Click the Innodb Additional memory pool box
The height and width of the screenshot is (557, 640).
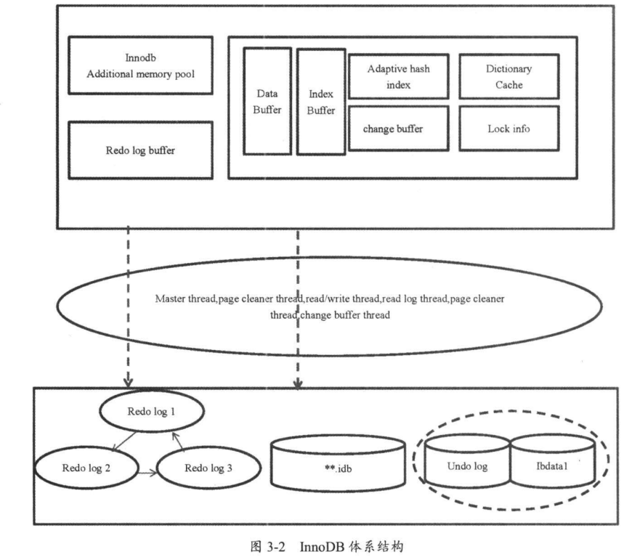pyautogui.click(x=139, y=65)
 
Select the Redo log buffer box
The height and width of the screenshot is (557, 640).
pyautogui.click(x=139, y=151)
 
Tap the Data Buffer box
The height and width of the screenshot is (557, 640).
pyautogui.click(x=267, y=102)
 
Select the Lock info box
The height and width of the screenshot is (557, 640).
pyautogui.click(x=509, y=129)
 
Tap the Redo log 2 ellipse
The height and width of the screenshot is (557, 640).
pyautogui.click(x=87, y=467)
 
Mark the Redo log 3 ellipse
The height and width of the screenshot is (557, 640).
pyautogui.click(x=208, y=467)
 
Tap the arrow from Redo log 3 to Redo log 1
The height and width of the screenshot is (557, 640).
pyautogui.click(x=177, y=441)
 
